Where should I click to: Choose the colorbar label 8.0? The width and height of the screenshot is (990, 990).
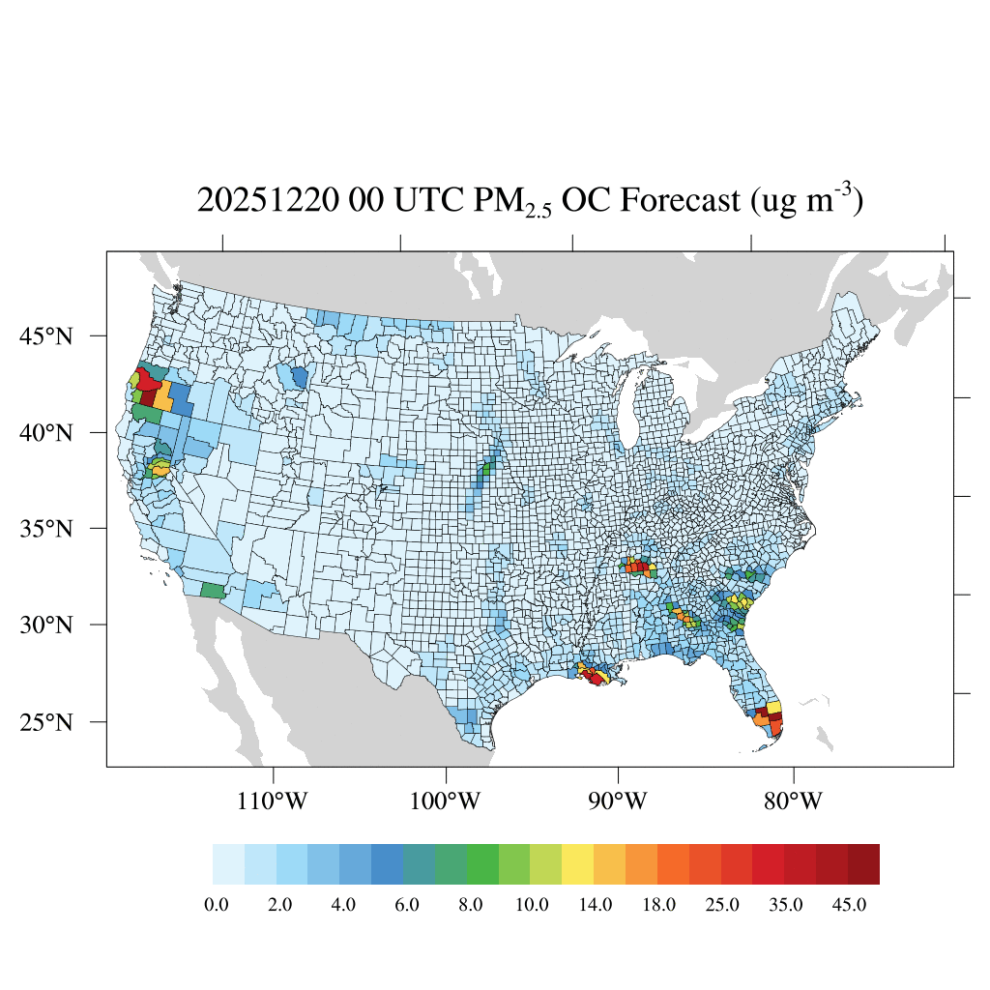coord(469,905)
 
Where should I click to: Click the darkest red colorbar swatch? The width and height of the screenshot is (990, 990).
coord(863,864)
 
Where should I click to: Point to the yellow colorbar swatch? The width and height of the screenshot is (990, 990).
coord(578,864)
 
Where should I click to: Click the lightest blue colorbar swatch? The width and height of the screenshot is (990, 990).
coord(228,864)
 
